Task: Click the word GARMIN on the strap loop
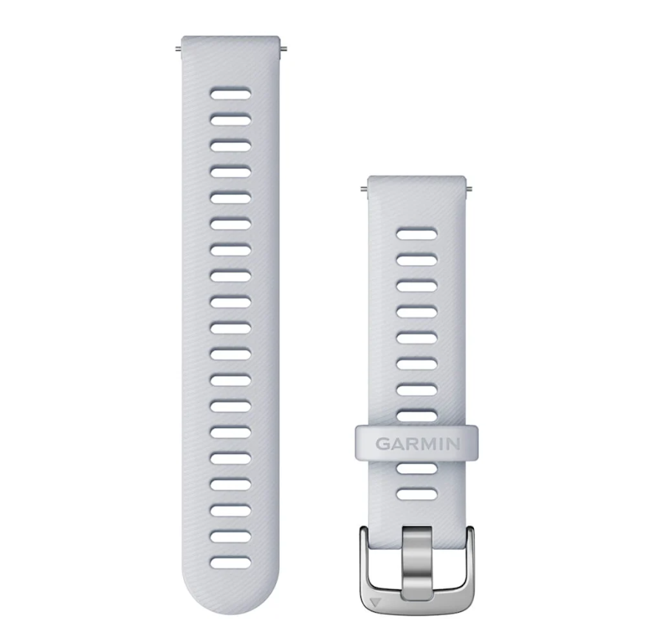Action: pos(418,444)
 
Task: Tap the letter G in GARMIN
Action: pos(382,444)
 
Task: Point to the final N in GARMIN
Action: pos(454,444)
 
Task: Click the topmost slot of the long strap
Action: pos(230,94)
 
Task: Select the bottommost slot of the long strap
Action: pos(230,563)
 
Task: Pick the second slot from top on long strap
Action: pos(230,120)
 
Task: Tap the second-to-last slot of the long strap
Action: pos(230,537)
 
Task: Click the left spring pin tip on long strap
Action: pos(179,50)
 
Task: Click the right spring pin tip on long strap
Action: pos(283,50)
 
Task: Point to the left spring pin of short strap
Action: pos(364,189)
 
